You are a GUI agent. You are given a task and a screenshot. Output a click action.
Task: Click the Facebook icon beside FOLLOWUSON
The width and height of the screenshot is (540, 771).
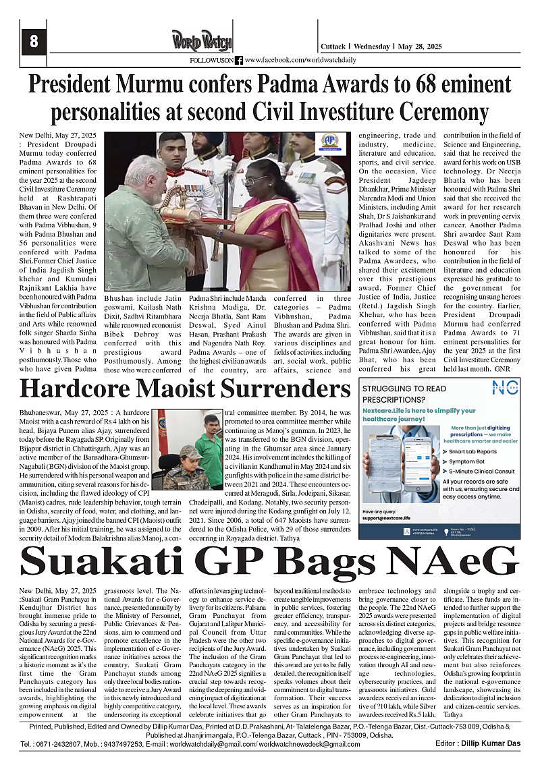tap(239, 60)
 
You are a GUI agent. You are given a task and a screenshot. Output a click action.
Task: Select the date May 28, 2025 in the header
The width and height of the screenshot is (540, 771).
tap(421, 47)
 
